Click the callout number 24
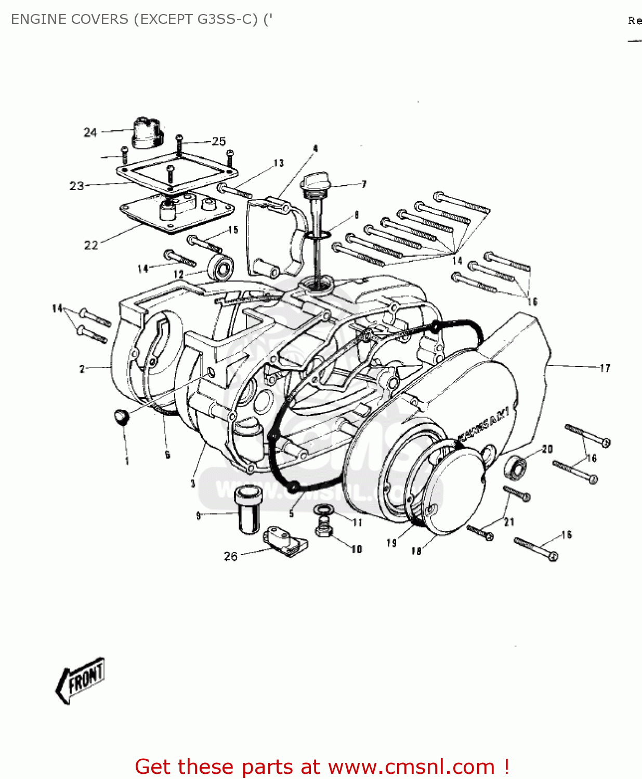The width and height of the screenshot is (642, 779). tap(90, 132)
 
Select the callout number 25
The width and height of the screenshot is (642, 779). tap(219, 141)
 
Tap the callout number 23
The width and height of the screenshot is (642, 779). tap(76, 186)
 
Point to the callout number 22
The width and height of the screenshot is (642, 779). tap(91, 245)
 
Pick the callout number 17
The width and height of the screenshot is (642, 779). tap(605, 368)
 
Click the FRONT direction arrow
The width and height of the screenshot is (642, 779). tap(81, 680)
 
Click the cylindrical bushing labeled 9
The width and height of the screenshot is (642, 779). tap(247, 509)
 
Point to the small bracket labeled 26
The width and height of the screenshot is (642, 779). tap(285, 540)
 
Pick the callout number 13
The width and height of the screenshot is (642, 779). tap(279, 164)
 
